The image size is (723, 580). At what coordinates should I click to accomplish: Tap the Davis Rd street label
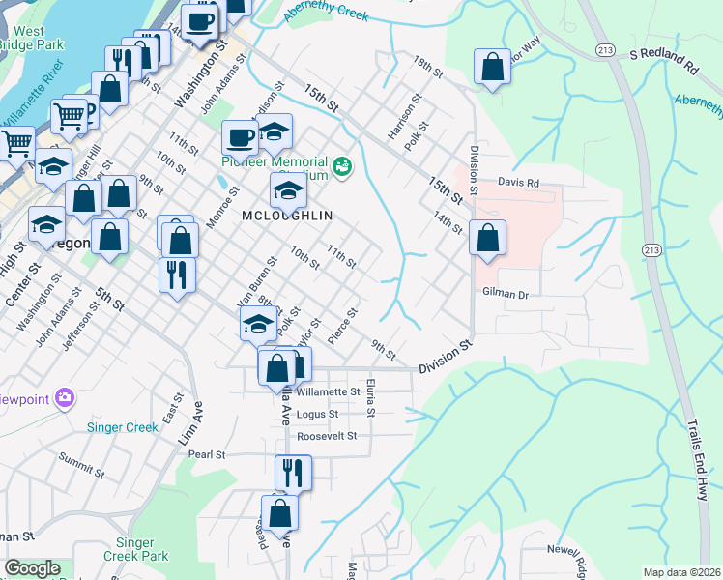pyautogui.click(x=517, y=182)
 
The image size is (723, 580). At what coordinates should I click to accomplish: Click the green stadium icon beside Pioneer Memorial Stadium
pyautogui.click(x=342, y=168)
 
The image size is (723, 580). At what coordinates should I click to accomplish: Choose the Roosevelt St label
pyautogui.click(x=327, y=436)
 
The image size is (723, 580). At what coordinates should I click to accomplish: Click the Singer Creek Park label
pyautogui.click(x=142, y=549)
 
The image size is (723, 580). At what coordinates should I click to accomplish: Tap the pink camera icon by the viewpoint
pyautogui.click(x=65, y=397)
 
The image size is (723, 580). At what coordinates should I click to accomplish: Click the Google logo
pyautogui.click(x=32, y=568)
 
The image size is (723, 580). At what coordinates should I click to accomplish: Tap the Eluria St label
pyautogui.click(x=371, y=397)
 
